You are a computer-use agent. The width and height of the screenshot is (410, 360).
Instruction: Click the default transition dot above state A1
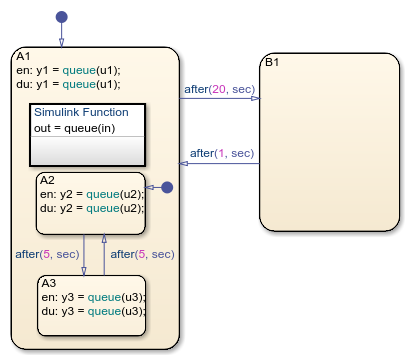pyautogui.click(x=62, y=17)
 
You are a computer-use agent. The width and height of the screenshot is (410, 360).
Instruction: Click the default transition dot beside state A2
pyautogui.click(x=167, y=187)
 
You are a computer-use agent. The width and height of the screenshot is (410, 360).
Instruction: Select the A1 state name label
pyautogui.click(x=23, y=56)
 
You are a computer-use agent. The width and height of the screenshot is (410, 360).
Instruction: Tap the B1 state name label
pyautogui.click(x=272, y=62)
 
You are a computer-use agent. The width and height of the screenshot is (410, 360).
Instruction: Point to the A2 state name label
pyautogui.click(x=47, y=180)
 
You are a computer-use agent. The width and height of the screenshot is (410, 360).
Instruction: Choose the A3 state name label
pyautogui.click(x=49, y=283)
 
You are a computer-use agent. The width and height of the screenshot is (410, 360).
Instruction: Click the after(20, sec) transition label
pyautogui.click(x=220, y=89)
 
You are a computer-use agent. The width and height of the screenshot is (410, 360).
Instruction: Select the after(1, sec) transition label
pyautogui.click(x=222, y=153)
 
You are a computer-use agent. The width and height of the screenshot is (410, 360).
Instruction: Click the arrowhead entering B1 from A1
pyautogui.click(x=256, y=98)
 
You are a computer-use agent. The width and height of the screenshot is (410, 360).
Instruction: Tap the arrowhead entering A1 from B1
pyautogui.click(x=183, y=163)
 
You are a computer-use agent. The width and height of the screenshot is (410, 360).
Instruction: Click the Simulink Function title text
pyautogui.click(x=81, y=112)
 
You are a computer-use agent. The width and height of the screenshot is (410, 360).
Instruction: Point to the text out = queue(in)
pyautogui.click(x=75, y=128)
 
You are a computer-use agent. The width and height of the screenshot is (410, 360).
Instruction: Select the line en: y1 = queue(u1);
pyautogui.click(x=68, y=70)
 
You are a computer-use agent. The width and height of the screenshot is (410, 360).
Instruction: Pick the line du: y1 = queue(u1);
pyautogui.click(x=68, y=84)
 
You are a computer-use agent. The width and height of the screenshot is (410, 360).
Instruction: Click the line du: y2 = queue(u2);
pyautogui.click(x=92, y=208)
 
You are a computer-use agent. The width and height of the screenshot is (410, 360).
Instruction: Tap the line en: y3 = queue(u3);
pyautogui.click(x=94, y=297)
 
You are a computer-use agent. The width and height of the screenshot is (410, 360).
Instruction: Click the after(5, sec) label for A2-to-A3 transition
pyautogui.click(x=47, y=254)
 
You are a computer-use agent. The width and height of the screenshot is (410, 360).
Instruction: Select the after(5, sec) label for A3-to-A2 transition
pyautogui.click(x=142, y=254)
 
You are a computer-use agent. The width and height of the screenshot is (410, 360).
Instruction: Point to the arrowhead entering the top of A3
pyautogui.click(x=84, y=271)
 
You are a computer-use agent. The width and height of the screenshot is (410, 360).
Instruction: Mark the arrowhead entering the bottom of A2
pyautogui.click(x=104, y=238)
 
